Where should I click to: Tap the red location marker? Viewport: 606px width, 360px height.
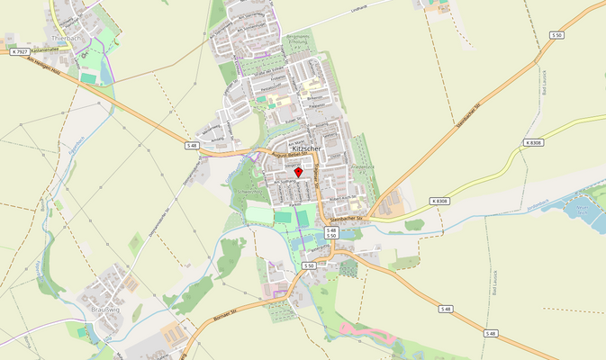pyautogui.click(x=299, y=171)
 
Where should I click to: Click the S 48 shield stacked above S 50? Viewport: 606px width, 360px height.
pyautogui.click(x=331, y=229)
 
